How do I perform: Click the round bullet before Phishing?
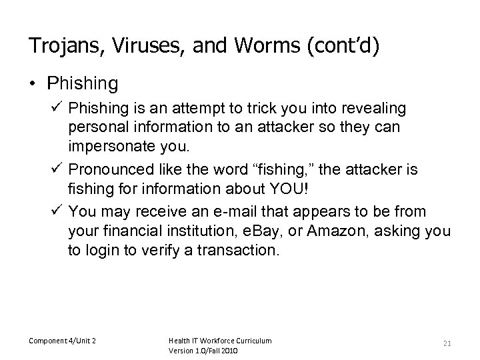coord(33,84)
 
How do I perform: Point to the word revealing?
coord(375,108)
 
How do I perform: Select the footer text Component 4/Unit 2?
coord(63,341)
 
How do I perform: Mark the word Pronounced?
coord(109,171)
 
